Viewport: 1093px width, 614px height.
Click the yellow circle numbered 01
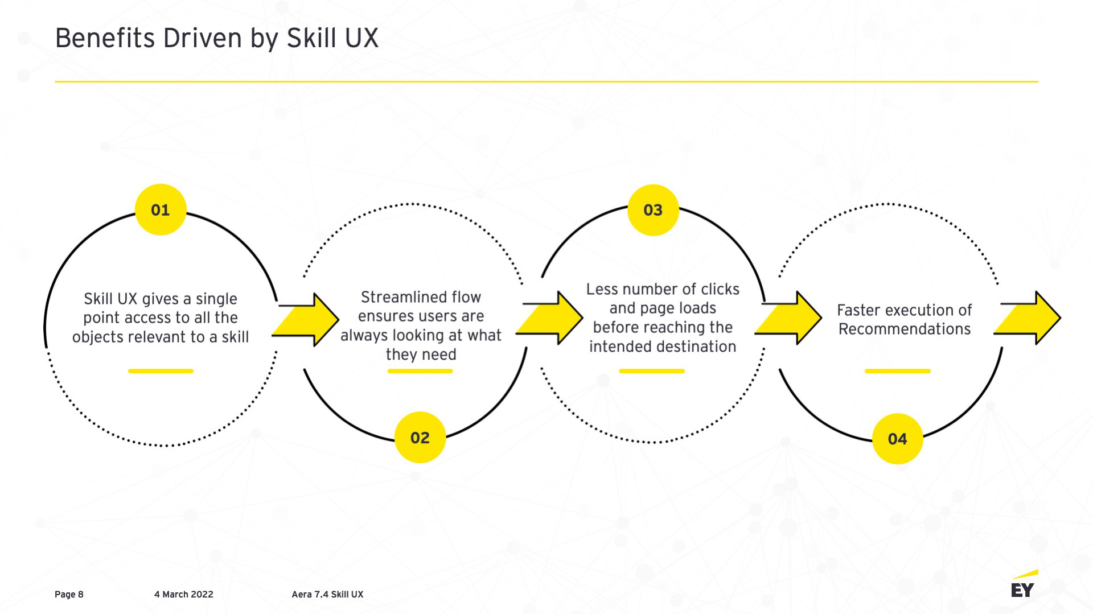coord(161,210)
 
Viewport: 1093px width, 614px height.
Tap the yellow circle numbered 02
coord(420,438)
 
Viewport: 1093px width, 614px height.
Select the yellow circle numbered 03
coord(653,210)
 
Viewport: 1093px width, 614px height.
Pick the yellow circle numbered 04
coord(897,439)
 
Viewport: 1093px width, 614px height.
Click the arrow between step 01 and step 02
coord(307,320)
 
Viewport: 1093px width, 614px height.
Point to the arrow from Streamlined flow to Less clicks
coord(551,318)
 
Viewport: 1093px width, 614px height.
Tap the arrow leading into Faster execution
coord(790,318)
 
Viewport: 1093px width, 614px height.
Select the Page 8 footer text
coord(69,595)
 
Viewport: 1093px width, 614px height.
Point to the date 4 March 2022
coord(183,595)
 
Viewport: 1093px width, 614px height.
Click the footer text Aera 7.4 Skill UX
coord(327,595)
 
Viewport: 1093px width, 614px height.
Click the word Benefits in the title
coord(105,39)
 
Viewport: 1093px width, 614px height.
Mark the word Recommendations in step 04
coord(905,329)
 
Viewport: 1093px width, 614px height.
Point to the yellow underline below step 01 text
coord(161,371)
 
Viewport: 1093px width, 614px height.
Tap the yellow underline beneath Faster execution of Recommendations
coord(897,371)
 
